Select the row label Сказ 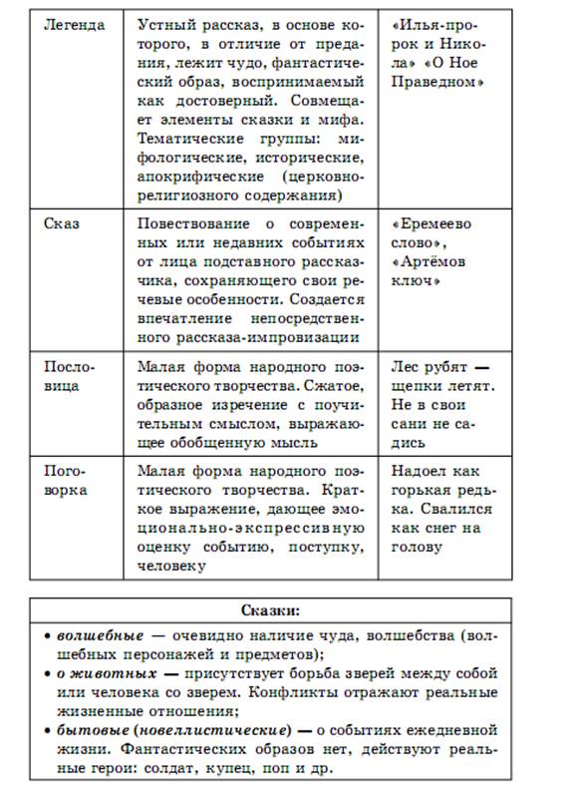[x=61, y=223]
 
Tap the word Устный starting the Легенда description [x=163, y=23]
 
